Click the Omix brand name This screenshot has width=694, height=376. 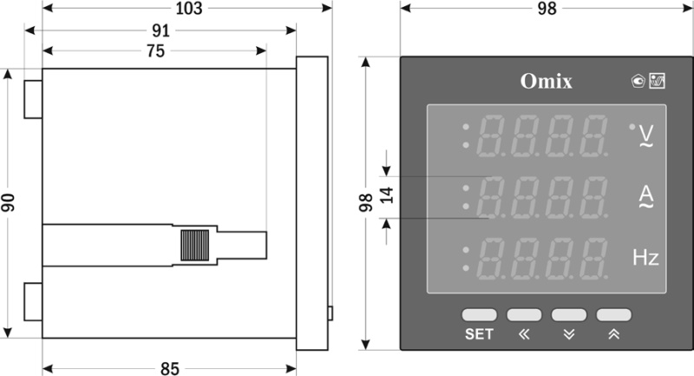(546, 81)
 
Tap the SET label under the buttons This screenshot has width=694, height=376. (479, 334)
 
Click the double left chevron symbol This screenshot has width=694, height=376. (523, 334)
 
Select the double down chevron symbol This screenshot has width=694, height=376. (568, 334)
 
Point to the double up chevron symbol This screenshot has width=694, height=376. (613, 334)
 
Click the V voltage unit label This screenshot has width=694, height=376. (646, 135)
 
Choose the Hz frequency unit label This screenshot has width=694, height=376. (645, 258)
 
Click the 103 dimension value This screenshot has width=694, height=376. (187, 9)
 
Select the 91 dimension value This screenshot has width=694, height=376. (161, 30)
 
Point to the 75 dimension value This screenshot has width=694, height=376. (154, 50)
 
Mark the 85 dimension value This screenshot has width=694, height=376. (169, 369)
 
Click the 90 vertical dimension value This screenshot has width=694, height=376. (9, 202)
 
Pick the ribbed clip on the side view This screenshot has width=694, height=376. (194, 246)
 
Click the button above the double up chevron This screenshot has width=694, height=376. (613, 314)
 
